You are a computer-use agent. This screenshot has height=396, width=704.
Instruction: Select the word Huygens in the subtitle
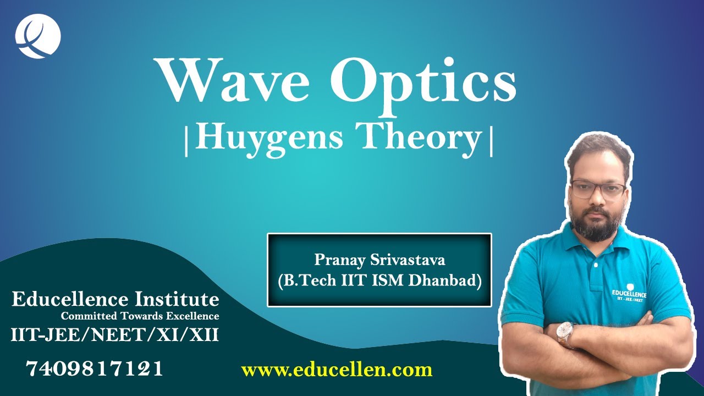(x=269, y=137)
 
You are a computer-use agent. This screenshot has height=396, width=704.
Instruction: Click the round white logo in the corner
(x=38, y=35)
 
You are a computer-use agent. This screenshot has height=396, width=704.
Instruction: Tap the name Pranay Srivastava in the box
(x=380, y=259)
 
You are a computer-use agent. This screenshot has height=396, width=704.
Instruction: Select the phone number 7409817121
(x=95, y=369)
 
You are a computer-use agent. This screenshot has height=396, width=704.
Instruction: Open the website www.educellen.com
(x=337, y=370)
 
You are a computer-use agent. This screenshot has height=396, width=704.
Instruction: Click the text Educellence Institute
(x=116, y=300)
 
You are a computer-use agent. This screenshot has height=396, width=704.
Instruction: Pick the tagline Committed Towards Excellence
(x=140, y=316)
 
